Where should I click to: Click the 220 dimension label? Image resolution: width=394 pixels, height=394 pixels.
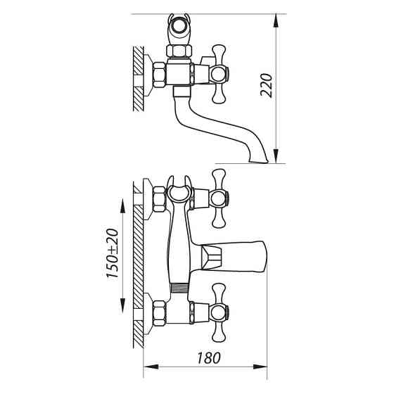[267, 85]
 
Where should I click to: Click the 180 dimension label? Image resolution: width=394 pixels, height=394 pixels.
[209, 358]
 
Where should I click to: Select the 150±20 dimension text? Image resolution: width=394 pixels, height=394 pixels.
[113, 253]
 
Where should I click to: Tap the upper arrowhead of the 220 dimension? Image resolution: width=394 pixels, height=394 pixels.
[276, 20]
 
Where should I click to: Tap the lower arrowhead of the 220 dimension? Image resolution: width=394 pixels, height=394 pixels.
[276, 156]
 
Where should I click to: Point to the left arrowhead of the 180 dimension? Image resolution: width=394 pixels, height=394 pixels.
[151, 367]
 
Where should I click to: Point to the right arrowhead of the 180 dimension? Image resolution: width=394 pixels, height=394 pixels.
[260, 367]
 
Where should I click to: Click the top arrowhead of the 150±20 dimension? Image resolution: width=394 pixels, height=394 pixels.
[122, 206]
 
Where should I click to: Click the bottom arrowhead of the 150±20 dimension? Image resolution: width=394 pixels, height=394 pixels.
[122, 305]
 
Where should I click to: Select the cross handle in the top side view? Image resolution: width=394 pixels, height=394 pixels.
[219, 74]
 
